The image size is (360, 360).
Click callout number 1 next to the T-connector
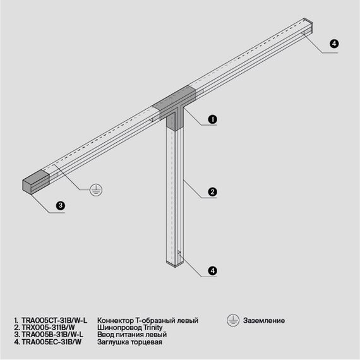tap(213, 119)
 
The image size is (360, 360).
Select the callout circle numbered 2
tap(213, 192)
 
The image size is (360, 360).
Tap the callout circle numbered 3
tap(60, 205)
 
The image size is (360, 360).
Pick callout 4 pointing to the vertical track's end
tap(213, 270)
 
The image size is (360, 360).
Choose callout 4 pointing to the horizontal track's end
tap(334, 44)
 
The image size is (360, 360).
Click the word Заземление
tap(263, 321)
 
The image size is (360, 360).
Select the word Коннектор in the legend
tap(116, 321)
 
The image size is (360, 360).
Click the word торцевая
tap(148, 342)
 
